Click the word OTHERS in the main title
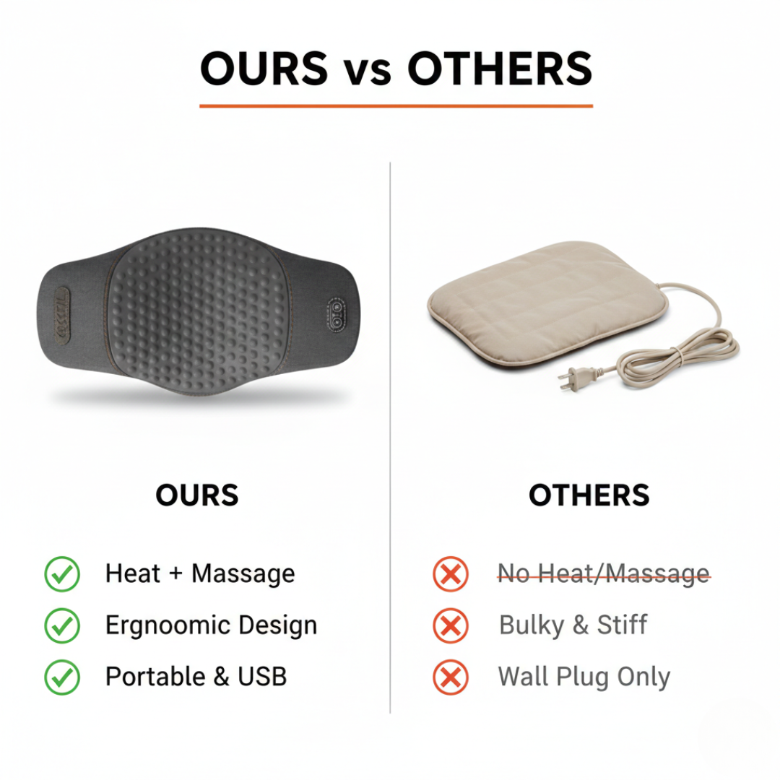[500, 69]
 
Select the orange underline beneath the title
[396, 106]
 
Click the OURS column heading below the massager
[196, 495]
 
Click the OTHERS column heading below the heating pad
[589, 495]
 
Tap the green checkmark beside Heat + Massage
[62, 574]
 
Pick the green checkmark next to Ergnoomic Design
[62, 625]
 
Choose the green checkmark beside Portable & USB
[62, 677]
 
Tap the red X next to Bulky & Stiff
[451, 626]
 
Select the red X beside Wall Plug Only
[451, 677]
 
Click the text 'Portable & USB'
[196, 677]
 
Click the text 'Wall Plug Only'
[584, 677]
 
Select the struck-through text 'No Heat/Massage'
[604, 575]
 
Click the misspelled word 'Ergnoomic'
[158, 625]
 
